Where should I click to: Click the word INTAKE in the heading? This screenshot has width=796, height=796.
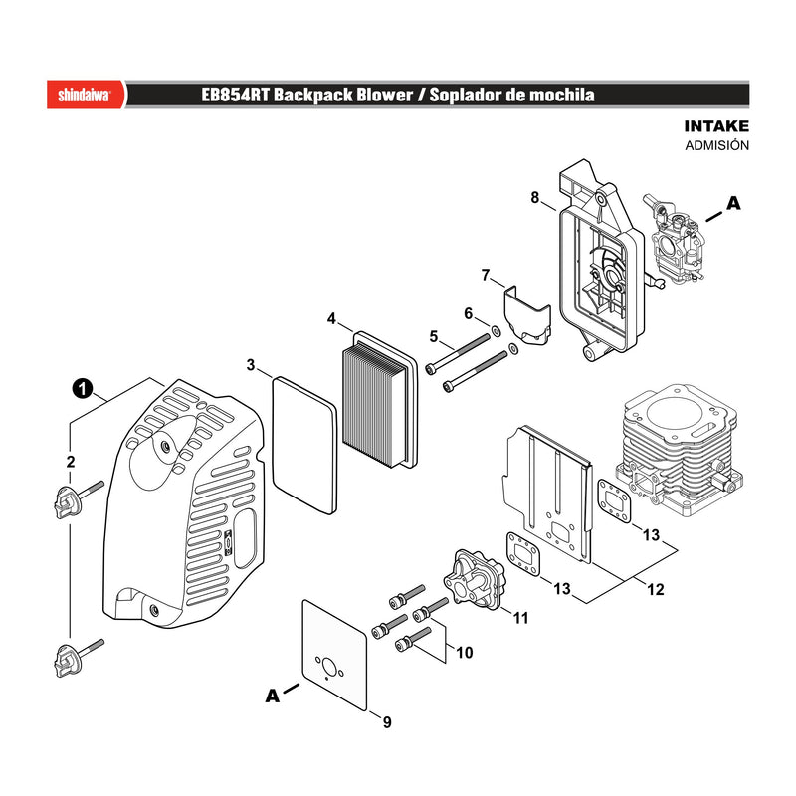pyautogui.click(x=716, y=126)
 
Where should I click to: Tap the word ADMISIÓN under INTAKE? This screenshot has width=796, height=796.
pyautogui.click(x=716, y=145)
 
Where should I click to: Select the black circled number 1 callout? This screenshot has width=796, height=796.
pyautogui.click(x=83, y=389)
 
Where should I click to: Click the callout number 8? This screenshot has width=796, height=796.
pyautogui.click(x=535, y=197)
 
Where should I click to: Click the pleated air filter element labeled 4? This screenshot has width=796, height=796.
pyautogui.click(x=380, y=400)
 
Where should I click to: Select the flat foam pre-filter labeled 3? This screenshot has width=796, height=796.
pyautogui.click(x=304, y=445)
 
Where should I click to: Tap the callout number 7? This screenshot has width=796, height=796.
pyautogui.click(x=486, y=276)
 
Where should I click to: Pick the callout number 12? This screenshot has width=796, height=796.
pyautogui.click(x=656, y=589)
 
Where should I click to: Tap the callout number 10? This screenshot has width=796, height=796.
pyautogui.click(x=464, y=653)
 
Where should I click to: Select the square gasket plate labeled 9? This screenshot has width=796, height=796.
pyautogui.click(x=334, y=655)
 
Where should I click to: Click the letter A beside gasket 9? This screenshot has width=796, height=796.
pyautogui.click(x=273, y=696)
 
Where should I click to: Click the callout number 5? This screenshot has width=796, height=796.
pyautogui.click(x=433, y=336)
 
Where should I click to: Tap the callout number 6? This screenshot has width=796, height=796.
pyautogui.click(x=469, y=313)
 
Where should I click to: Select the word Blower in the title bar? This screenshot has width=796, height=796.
pyautogui.click(x=384, y=95)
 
